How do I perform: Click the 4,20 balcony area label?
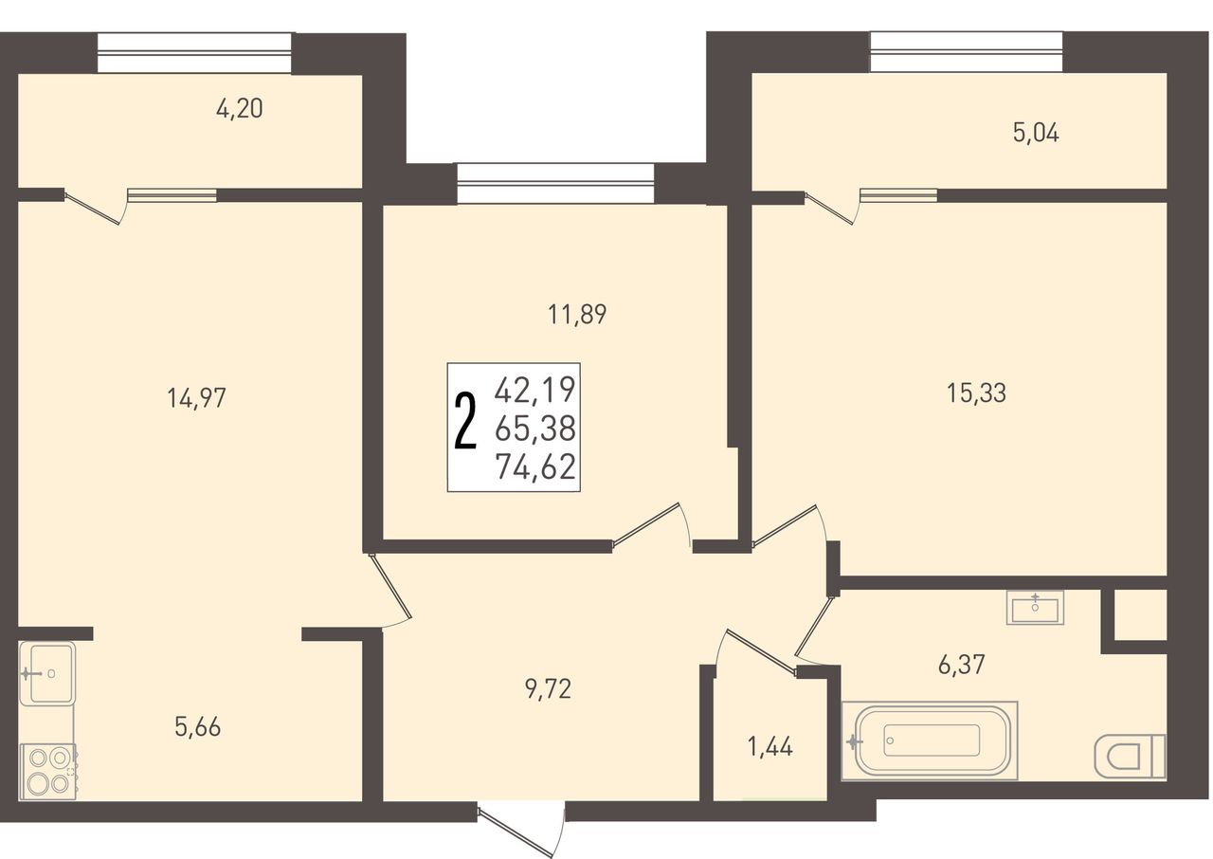click(240, 109)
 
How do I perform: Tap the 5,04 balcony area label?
click(1036, 134)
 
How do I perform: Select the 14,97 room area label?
click(196, 398)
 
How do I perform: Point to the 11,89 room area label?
click(577, 315)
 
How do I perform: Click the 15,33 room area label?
click(976, 393)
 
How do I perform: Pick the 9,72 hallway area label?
click(548, 690)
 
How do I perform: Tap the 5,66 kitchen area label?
click(198, 727)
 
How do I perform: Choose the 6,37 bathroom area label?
click(961, 665)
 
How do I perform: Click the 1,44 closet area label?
click(770, 747)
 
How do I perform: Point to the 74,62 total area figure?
click(535, 467)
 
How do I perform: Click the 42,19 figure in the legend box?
click(535, 390)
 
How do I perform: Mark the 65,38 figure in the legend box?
click(535, 429)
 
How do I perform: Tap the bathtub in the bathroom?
click(930, 740)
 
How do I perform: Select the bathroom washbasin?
click(1036, 608)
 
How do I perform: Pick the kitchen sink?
click(46, 674)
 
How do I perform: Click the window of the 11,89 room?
click(555, 184)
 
